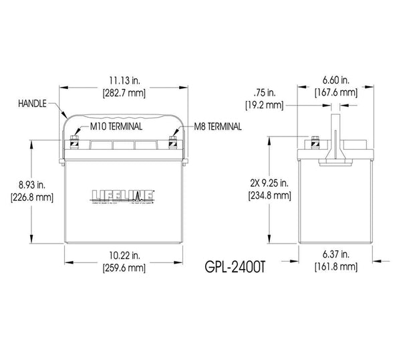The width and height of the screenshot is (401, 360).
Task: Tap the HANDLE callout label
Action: click(33, 104)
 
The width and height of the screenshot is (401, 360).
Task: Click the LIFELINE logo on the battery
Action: click(124, 196)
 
